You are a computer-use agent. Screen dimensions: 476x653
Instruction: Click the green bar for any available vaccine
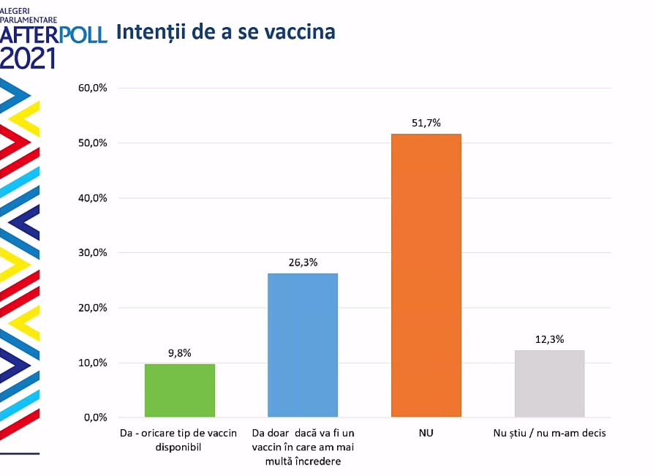179,390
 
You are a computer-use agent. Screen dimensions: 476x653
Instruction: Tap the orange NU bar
426,276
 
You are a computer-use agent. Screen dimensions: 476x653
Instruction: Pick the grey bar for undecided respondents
549,384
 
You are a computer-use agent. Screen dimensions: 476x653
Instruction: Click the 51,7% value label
426,123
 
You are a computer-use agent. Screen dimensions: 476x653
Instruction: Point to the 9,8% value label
179,353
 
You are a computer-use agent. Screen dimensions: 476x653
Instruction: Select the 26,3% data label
303,262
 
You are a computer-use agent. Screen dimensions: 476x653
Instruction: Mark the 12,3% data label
549,339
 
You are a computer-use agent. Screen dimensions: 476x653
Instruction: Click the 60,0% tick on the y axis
93,88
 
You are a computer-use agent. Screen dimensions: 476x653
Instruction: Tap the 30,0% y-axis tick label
93,253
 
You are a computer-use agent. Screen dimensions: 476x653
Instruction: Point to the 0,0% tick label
95,418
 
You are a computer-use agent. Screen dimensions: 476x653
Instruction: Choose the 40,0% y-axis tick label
93,198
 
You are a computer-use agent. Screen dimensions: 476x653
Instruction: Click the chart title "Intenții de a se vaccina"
226,32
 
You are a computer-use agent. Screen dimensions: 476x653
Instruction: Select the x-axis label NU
426,434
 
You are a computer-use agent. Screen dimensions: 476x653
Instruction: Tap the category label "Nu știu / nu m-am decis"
549,434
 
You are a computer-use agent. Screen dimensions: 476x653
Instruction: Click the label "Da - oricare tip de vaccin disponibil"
179,440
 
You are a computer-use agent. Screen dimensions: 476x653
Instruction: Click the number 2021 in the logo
28,58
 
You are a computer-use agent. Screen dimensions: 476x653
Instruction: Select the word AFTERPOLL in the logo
54,34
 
